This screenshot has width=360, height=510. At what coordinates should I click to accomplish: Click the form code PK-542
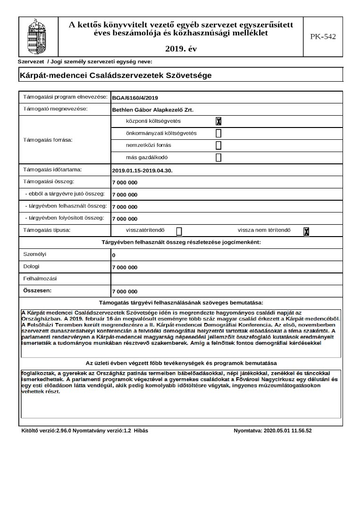pos(323,37)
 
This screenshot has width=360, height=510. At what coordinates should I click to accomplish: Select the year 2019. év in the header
pos(181,49)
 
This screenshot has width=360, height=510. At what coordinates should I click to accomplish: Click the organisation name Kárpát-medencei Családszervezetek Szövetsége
pos(116,75)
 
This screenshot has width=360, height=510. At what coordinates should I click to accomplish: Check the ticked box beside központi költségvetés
pos(218,121)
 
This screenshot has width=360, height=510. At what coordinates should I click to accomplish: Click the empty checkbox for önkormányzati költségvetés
pos(218,133)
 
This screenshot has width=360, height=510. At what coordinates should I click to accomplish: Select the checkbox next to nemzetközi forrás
pos(218,145)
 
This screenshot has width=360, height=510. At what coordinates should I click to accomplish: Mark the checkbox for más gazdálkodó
pos(218,158)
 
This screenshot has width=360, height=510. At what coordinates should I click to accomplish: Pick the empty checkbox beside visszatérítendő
pos(179,231)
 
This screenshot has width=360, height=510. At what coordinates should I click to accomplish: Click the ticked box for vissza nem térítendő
pos(306,231)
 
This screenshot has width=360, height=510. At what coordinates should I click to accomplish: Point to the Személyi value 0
pos(114,255)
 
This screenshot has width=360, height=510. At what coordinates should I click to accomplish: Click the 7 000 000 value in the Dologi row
pos(125,268)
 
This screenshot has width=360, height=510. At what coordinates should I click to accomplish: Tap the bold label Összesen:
pos(38,290)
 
